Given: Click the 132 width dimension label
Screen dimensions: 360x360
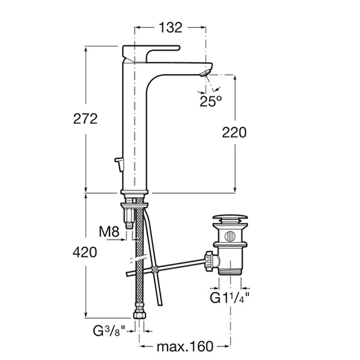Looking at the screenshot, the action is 171,28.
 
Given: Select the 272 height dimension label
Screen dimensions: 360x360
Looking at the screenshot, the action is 85,118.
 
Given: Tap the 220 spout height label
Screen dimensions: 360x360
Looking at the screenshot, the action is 234,133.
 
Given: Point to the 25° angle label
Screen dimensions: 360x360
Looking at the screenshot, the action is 211,101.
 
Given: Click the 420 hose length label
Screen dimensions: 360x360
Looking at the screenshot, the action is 85,252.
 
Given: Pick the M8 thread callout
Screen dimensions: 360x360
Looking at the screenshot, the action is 109,232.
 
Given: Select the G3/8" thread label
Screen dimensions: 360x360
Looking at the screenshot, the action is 109,330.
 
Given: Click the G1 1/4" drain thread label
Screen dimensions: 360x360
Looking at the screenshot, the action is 230,298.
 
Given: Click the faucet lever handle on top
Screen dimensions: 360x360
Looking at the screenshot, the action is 151,53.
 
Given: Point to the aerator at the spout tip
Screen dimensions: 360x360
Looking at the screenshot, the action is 205,73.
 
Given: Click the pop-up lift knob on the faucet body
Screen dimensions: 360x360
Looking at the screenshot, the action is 120,164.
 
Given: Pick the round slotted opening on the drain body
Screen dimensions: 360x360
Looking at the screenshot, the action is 230,236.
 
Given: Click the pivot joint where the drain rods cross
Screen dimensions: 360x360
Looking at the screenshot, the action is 154,269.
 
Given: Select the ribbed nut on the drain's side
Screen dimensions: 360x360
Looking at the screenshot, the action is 210,261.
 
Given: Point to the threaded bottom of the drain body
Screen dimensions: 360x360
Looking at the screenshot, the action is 230,272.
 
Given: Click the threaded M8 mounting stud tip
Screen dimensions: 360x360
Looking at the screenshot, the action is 129,225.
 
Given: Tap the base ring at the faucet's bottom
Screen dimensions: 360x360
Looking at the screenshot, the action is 134,192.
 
